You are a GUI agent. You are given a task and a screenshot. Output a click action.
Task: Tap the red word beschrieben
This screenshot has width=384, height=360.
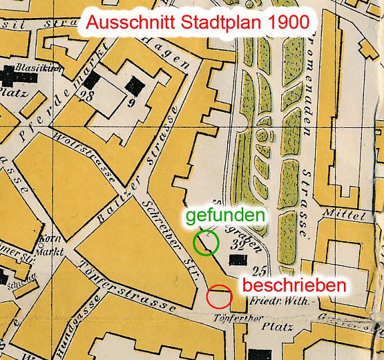tap(292, 284)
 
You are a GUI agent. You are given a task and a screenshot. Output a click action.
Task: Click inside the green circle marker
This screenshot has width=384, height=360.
tap(206, 243)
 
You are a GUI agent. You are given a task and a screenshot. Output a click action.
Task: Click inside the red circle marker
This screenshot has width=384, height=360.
tap(219, 296)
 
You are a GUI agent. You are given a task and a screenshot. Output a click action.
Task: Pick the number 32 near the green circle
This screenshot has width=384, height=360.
tap(242, 244)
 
